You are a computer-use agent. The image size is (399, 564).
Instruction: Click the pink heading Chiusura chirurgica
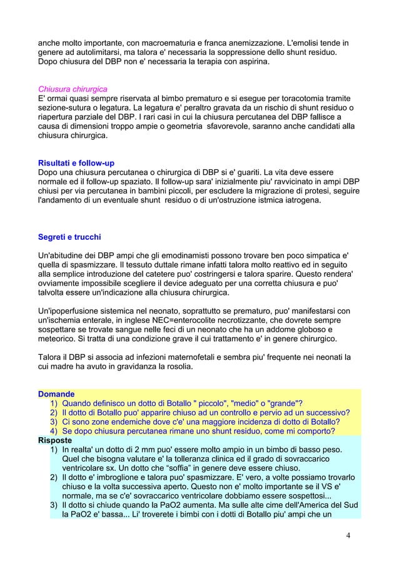click(73, 89)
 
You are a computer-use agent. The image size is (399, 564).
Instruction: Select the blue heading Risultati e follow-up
click(76, 164)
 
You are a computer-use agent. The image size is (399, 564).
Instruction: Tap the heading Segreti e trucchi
click(69, 237)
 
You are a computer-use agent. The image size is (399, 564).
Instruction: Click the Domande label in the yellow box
click(56, 395)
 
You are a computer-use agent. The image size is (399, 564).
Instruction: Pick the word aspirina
click(251, 62)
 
